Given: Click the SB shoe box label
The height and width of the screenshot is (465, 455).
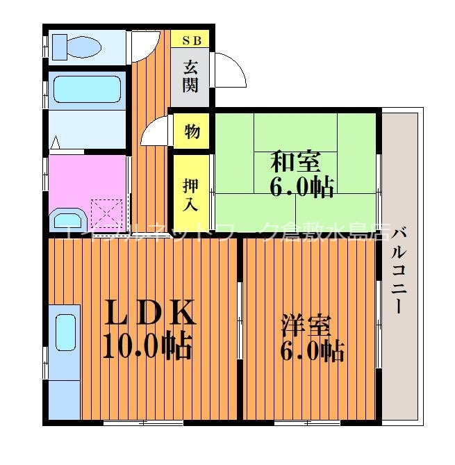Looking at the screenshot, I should (x=192, y=40).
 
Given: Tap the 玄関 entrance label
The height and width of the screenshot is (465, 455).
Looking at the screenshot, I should (x=191, y=76).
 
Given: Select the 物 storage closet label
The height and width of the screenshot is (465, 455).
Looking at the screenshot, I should (x=192, y=130).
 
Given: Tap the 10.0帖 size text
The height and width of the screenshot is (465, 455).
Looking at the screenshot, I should (x=147, y=345).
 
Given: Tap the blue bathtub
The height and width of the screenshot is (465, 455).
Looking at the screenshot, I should (x=87, y=89).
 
